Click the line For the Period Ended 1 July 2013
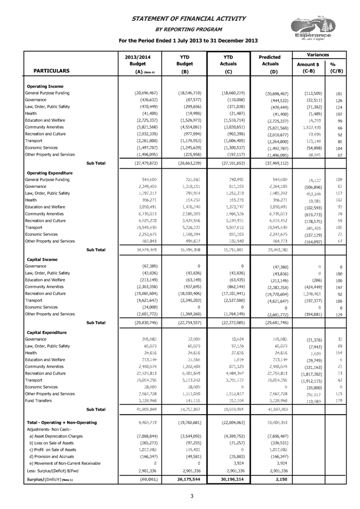tap(185, 41)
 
